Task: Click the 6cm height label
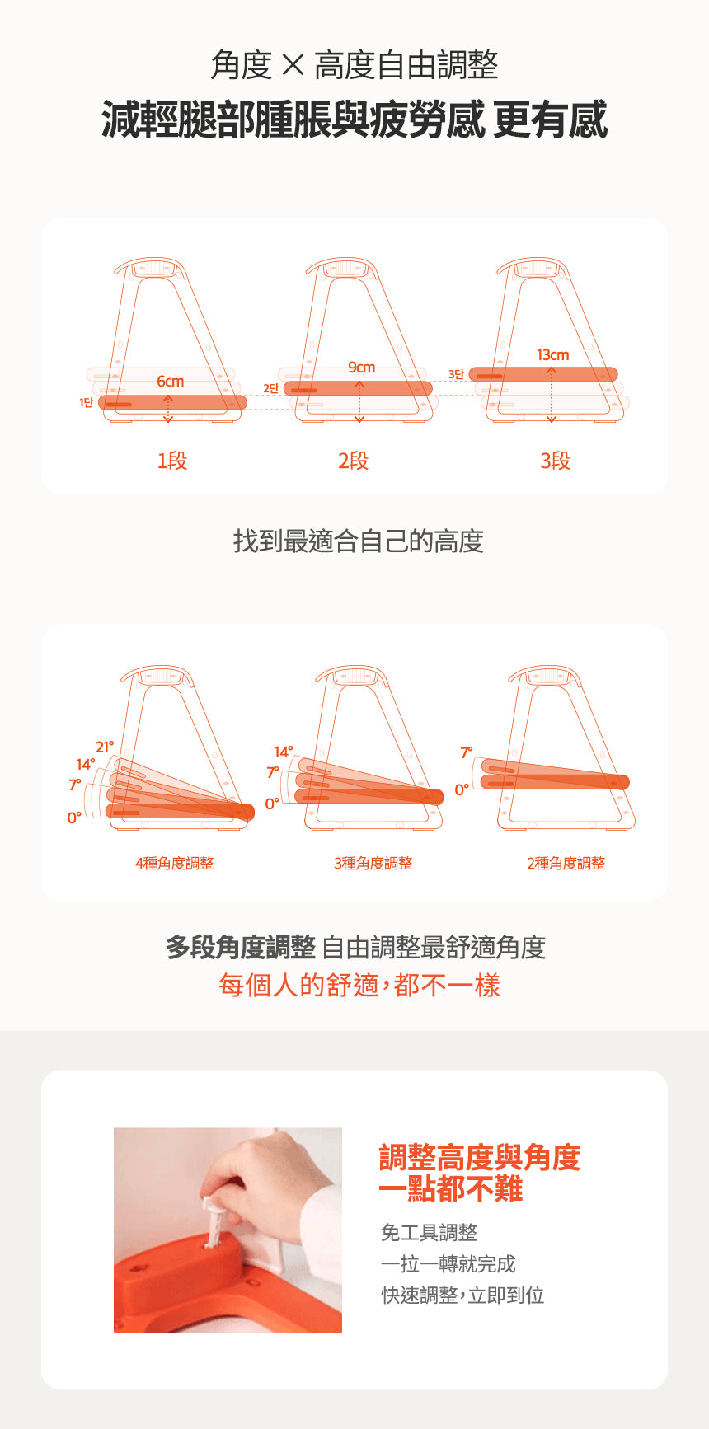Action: tap(171, 382)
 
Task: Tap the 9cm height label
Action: tap(361, 368)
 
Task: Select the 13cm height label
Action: tap(552, 355)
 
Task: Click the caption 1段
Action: tap(172, 461)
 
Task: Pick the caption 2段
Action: tap(353, 461)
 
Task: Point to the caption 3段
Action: tap(555, 461)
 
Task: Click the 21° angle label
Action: tap(105, 747)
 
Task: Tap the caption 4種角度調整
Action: tap(174, 863)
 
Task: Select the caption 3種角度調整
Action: tap(373, 863)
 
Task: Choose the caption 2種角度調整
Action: tap(566, 863)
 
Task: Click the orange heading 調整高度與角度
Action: tap(480, 1158)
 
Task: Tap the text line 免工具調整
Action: tap(429, 1233)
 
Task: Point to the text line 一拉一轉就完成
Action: tap(448, 1264)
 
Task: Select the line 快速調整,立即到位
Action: tap(462, 1295)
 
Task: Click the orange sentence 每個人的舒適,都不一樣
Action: tap(359, 986)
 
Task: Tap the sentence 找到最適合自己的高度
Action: tap(358, 541)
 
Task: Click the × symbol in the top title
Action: tap(293, 65)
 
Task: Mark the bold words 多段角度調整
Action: tap(240, 948)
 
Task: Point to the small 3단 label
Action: tap(457, 374)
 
